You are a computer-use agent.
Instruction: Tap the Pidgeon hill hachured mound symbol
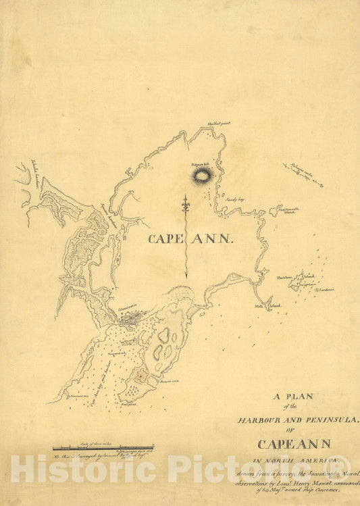tap(201, 177)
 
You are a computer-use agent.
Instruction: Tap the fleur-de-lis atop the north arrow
tap(186, 201)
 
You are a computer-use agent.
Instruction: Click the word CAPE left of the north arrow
tap(164, 238)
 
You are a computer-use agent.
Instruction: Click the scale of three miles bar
tap(103, 447)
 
